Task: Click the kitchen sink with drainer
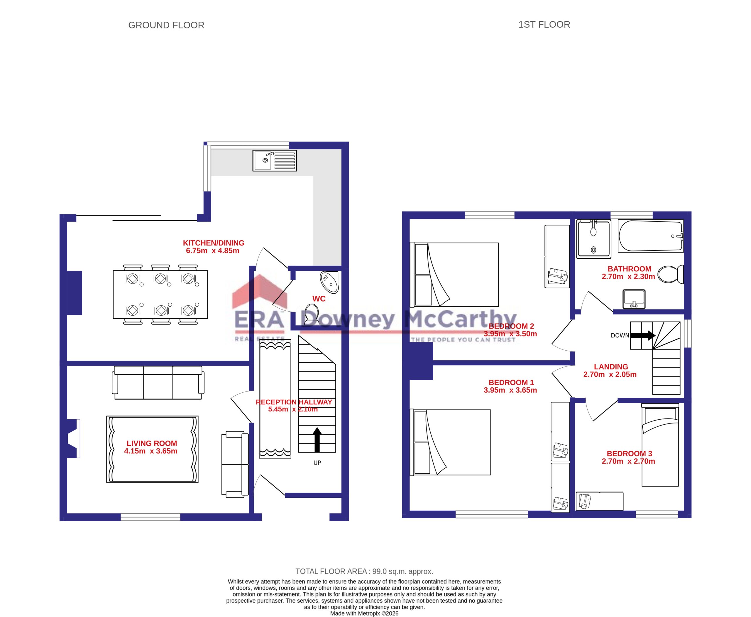pyautogui.click(x=275, y=161)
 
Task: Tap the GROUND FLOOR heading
pyautogui.click(x=166, y=25)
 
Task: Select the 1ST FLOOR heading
pyautogui.click(x=544, y=25)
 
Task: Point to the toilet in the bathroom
pyautogui.click(x=670, y=274)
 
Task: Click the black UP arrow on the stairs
pyautogui.click(x=317, y=440)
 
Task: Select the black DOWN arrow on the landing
pyautogui.click(x=643, y=335)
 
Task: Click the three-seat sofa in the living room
pyautogui.click(x=158, y=382)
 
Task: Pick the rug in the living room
pyautogui.click(x=152, y=449)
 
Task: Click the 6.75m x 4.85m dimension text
pyautogui.click(x=213, y=251)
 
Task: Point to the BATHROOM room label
pyautogui.click(x=630, y=269)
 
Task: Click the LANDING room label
pyautogui.click(x=611, y=367)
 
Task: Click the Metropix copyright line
pyautogui.click(x=364, y=613)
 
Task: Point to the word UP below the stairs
pyautogui.click(x=317, y=463)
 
